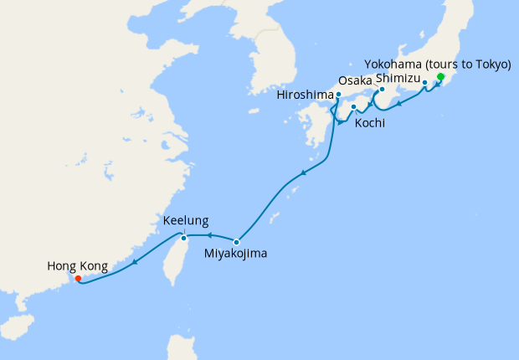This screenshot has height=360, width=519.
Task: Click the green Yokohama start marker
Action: tap(440, 77)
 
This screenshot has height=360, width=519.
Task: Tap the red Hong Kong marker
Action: tap(78, 279)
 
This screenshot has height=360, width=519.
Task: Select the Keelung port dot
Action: tap(184, 238)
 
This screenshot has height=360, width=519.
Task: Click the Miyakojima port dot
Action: tap(237, 242)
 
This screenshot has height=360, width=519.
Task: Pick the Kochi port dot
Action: tap(354, 107)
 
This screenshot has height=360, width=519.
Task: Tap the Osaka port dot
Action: tap(381, 89)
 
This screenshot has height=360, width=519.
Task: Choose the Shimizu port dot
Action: tap(425, 82)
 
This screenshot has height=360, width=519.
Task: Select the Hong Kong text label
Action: tap(77, 266)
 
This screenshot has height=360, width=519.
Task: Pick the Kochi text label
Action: tap(370, 122)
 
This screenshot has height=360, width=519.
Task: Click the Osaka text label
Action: tap(356, 81)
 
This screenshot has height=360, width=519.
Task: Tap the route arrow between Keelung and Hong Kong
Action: tap(135, 260)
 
